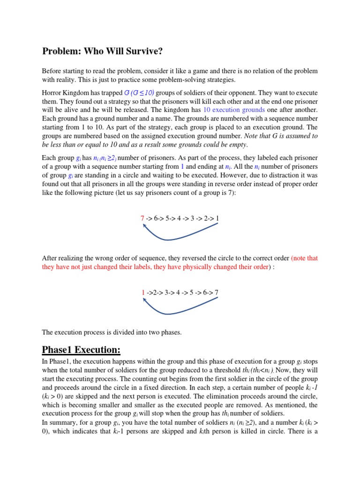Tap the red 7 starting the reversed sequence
click(142, 218)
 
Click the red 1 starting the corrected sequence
click(143, 292)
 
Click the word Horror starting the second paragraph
click(52, 93)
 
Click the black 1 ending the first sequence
click(217, 218)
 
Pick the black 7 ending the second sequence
click(216, 292)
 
